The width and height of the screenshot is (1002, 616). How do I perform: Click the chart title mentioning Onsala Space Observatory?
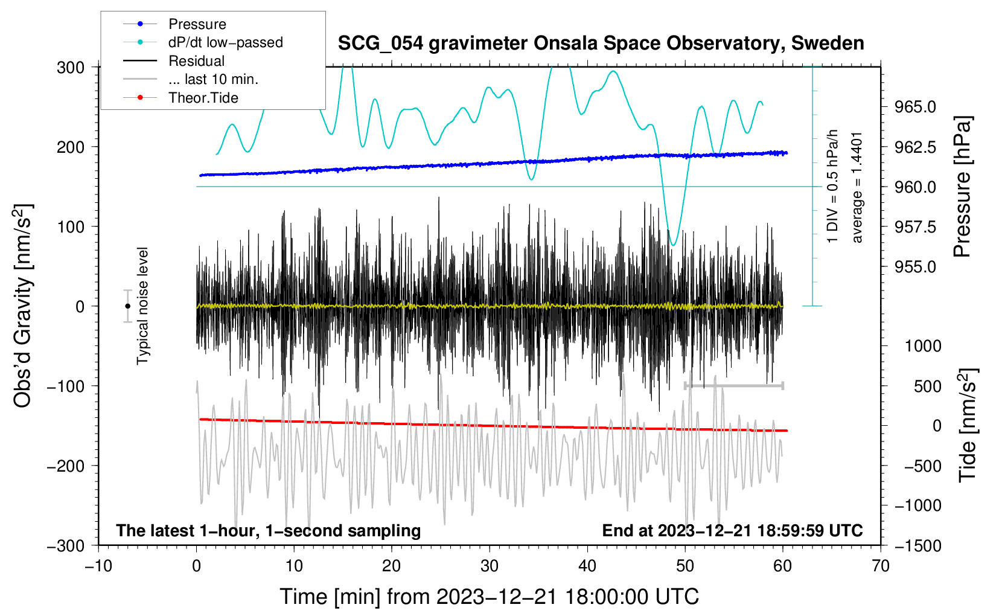[x=601, y=43]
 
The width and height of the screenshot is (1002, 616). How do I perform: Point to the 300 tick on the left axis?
[x=71, y=68]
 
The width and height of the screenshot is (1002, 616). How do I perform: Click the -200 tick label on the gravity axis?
[x=66, y=466]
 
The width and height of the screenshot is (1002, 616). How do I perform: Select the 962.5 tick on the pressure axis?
[x=915, y=147]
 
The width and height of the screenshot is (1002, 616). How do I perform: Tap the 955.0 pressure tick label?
[x=915, y=267]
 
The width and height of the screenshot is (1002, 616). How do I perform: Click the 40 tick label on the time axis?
[x=587, y=566]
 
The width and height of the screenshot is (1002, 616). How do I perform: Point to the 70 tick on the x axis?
[x=880, y=566]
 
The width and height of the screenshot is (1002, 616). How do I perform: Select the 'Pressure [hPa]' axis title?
[x=962, y=187]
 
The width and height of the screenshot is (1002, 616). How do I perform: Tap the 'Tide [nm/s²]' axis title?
[x=967, y=426]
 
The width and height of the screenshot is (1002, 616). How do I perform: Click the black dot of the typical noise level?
[x=127, y=306]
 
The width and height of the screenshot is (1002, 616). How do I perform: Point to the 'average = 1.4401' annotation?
[x=856, y=188]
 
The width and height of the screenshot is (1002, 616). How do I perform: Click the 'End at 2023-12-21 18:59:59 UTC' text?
[x=732, y=530]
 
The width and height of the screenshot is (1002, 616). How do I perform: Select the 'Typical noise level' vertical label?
[x=142, y=306]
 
